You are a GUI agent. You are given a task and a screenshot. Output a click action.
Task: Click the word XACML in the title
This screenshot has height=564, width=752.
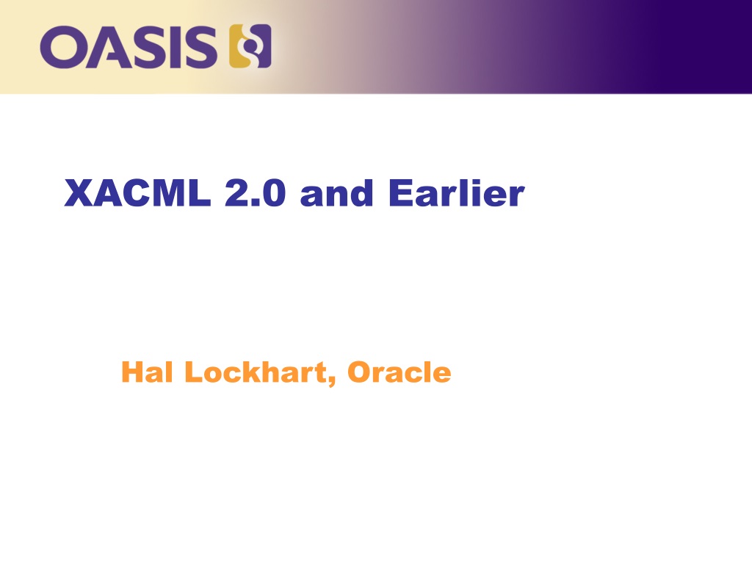point(137,193)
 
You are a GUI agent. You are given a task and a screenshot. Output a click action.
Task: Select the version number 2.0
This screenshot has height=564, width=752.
point(255,193)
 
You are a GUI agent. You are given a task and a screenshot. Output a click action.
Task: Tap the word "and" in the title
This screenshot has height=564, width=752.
point(336,194)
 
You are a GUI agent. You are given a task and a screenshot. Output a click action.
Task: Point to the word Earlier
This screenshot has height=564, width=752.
point(457,193)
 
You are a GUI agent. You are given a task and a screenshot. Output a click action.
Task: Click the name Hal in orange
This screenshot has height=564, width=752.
point(147,372)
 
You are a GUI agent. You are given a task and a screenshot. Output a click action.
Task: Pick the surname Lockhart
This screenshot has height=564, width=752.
point(256,372)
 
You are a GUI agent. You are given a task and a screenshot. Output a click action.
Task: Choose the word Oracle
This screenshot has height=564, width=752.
point(399,372)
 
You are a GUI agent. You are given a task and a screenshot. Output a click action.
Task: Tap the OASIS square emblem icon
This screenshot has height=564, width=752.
point(250,46)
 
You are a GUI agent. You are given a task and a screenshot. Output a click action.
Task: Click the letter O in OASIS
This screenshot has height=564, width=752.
point(62,47)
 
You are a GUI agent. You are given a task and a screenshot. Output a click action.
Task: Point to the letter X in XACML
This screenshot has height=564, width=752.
point(79,193)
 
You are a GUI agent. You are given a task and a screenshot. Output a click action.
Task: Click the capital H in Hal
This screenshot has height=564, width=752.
point(131,372)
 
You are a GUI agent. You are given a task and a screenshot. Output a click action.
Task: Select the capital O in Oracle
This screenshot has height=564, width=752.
point(358,372)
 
